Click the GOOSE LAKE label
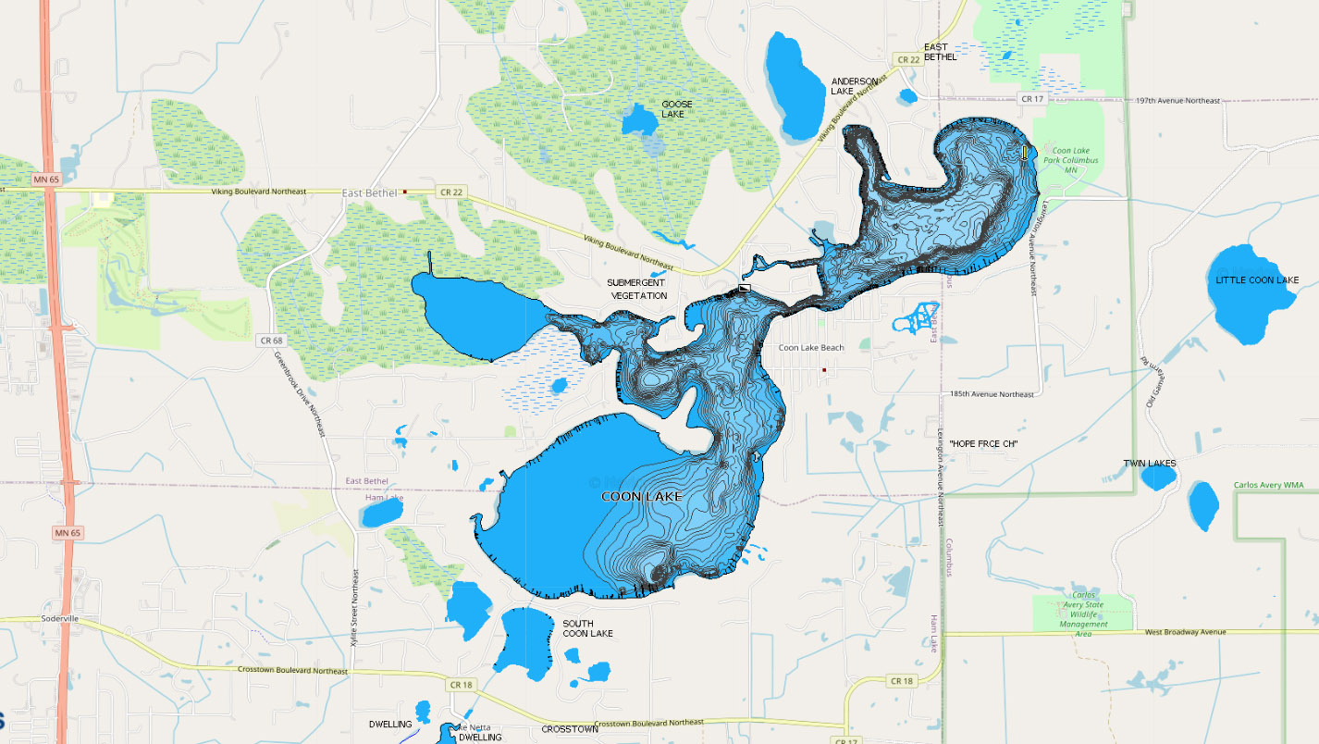(x=676, y=109)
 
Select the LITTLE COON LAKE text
(x=1257, y=280)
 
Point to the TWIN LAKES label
(x=1149, y=463)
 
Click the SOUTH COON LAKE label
(x=587, y=628)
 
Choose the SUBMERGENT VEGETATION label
(x=636, y=289)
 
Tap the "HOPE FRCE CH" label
(x=983, y=445)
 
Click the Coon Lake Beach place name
(x=810, y=348)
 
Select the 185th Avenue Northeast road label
(x=992, y=394)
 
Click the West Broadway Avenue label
(x=1184, y=632)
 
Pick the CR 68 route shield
(x=269, y=341)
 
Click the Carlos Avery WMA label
(x=1275, y=485)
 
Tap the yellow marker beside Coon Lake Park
(x=1025, y=153)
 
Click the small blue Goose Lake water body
(x=638, y=121)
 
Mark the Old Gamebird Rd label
(x=1152, y=382)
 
